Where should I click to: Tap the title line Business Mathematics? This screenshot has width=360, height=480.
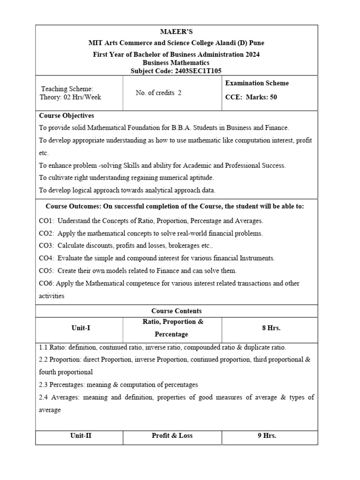[x=176, y=63]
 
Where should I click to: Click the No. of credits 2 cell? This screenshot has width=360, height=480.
[x=158, y=93]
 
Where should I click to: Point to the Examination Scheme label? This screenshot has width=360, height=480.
[x=257, y=83]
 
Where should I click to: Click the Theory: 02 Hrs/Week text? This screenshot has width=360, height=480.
[x=70, y=97]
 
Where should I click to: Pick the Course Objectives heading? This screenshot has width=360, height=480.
[x=67, y=115]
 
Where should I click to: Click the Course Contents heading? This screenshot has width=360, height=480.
[x=176, y=311]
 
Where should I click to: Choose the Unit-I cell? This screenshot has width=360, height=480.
[x=81, y=328]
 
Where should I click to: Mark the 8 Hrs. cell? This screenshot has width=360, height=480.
[x=271, y=328]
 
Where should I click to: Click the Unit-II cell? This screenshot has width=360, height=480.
[x=81, y=435]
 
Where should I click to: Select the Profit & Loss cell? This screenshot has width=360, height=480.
[x=172, y=435]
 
